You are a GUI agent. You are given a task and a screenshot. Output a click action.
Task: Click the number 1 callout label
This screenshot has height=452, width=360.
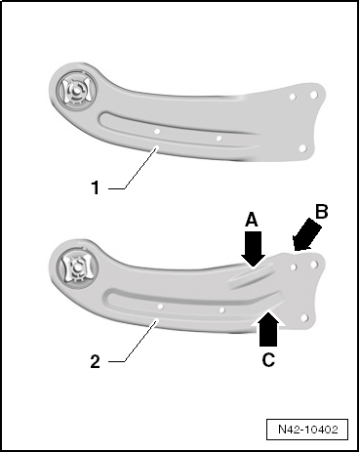point(96,187)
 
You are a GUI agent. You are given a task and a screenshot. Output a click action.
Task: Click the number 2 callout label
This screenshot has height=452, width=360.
point(95,361)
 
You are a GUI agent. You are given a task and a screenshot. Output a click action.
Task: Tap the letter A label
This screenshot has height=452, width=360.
point(252,220)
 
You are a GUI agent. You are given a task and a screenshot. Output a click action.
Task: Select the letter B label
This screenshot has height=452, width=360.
point(321,212)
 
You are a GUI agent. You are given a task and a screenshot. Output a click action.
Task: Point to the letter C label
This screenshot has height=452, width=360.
point(268,360)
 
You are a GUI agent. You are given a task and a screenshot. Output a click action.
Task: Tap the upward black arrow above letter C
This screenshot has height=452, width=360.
point(268,328)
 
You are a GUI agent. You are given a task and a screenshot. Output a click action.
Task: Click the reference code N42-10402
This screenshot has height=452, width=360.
point(307,430)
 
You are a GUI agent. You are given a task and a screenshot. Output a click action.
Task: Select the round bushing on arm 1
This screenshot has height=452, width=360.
point(76,90)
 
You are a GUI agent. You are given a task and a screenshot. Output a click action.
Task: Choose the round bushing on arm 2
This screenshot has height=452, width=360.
point(77,267)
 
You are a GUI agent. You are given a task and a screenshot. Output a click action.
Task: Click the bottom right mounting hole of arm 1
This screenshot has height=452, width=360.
point(302,148)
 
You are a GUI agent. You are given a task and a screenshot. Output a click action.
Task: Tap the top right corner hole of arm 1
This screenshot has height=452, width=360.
point(314,95)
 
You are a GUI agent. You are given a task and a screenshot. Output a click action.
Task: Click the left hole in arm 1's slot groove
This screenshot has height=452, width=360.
point(157,132)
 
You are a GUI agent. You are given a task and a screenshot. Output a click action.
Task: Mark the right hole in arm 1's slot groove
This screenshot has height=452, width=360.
point(220,139)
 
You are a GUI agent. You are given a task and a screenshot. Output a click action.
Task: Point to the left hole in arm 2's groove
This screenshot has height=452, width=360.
point(160,307)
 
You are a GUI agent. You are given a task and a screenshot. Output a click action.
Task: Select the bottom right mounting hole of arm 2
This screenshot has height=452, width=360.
point(304,317)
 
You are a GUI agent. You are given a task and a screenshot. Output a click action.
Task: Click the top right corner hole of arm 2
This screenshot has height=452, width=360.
point(314,265)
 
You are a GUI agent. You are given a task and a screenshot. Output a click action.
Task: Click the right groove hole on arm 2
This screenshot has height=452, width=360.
point(222,310)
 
